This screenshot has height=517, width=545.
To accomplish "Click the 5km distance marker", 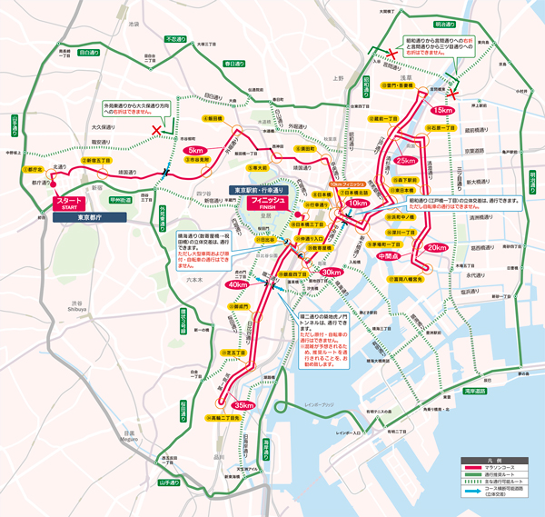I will (x=195, y=150).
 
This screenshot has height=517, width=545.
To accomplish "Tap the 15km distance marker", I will (x=442, y=110).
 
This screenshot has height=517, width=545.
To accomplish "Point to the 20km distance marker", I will (x=437, y=247).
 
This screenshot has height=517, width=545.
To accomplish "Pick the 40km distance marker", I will (x=237, y=284).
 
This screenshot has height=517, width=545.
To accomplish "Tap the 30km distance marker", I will (x=331, y=272).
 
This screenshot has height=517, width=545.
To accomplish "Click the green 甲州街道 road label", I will (x=121, y=200).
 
